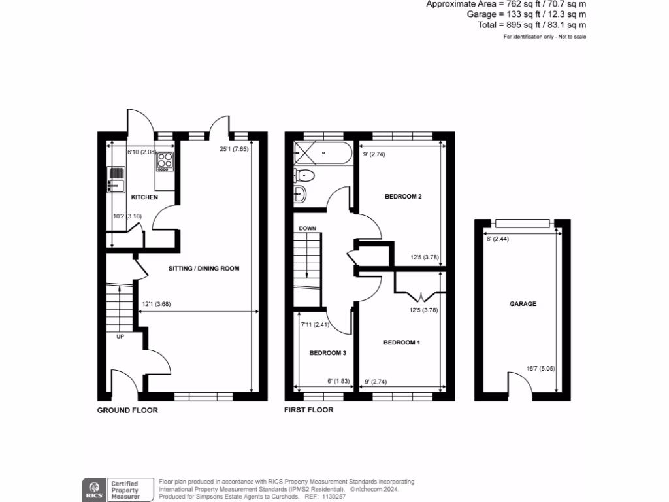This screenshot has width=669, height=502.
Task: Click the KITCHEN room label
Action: [144, 197]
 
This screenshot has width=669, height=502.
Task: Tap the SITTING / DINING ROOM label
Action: [204, 268]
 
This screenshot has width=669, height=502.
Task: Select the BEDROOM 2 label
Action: [402, 197]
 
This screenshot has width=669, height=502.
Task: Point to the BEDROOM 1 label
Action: [402, 343]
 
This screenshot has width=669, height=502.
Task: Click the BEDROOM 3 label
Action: [327, 353]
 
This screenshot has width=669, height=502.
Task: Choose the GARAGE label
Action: [523, 304]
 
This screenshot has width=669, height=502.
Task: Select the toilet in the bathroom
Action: [305, 175]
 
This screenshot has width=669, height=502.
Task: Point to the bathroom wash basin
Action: [301, 194]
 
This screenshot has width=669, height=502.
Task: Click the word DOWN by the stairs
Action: [307, 229]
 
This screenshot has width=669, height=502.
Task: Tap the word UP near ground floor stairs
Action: [120, 337]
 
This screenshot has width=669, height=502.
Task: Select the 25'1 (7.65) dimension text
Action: [233, 150]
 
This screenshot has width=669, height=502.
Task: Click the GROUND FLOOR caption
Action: [127, 410]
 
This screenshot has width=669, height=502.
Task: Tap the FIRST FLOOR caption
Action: [309, 410]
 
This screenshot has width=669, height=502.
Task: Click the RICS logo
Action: [93, 488]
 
